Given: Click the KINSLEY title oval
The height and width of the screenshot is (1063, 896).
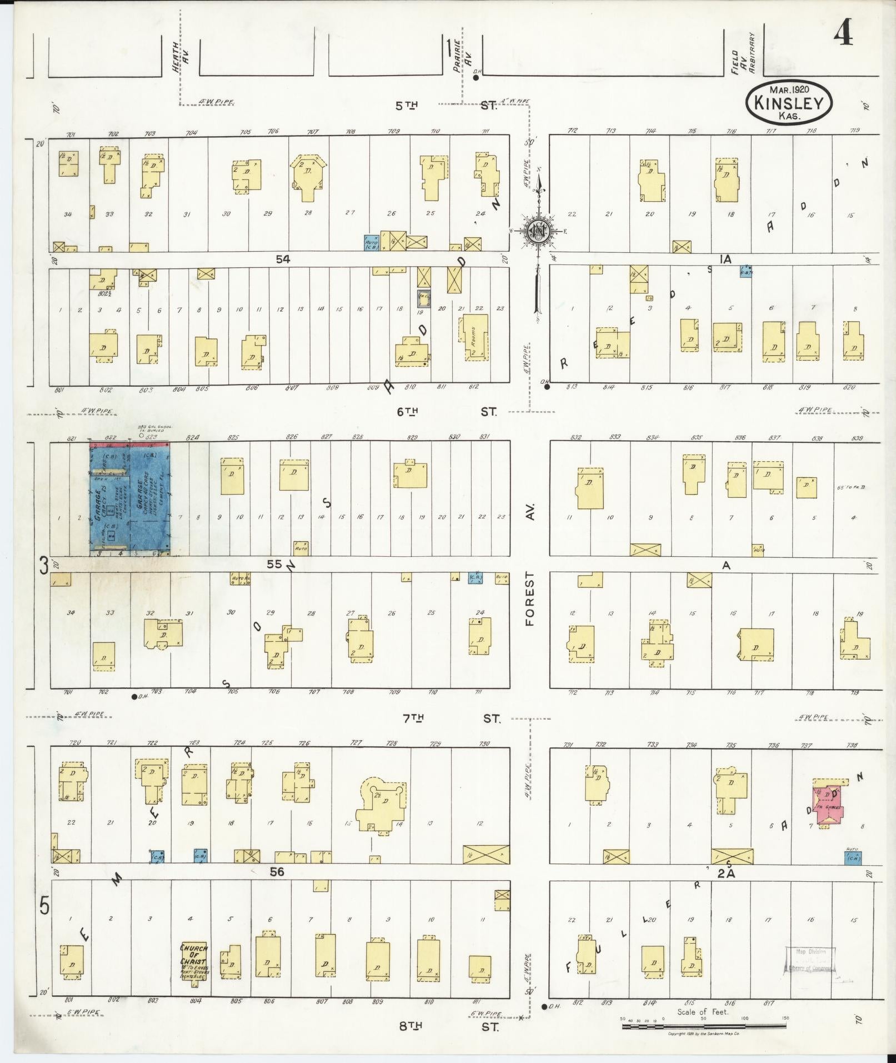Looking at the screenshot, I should point(789,103).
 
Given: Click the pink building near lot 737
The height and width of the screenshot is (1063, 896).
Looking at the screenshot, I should point(829,807).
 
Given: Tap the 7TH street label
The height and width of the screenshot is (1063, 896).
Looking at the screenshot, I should point(413,718).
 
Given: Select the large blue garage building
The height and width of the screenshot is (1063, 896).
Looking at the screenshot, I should point(130,498).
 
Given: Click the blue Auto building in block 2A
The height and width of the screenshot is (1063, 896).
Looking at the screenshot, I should point(853,874).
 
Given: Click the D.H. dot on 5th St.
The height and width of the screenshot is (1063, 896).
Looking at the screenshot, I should point(476,78).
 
